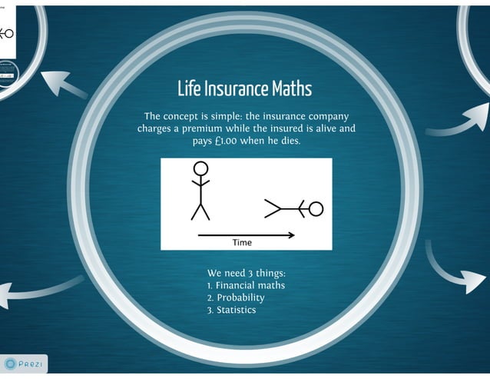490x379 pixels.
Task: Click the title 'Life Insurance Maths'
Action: coord(244,88)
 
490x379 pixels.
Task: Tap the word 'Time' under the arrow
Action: coord(242,242)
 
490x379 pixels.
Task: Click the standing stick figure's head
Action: coord(200,168)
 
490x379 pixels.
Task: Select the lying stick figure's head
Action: coord(315,208)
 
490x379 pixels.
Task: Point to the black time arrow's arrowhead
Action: coord(290,234)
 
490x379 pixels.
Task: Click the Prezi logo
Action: coord(24,362)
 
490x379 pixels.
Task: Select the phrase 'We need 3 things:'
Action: coord(246,273)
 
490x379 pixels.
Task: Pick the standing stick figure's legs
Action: coord(200,211)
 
